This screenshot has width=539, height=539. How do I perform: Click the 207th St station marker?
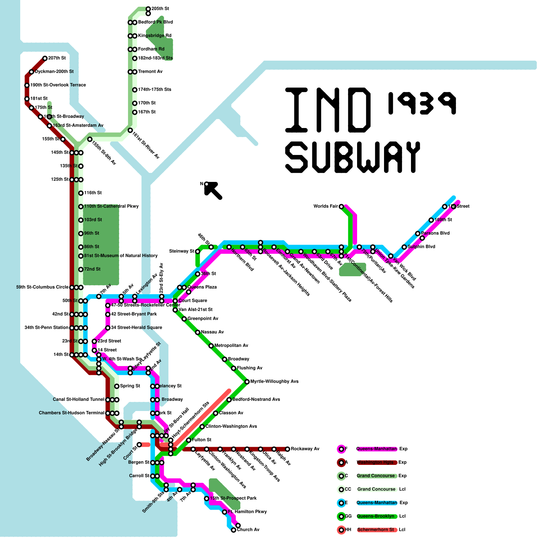[45, 58]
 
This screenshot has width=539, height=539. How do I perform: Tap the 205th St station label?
[160, 8]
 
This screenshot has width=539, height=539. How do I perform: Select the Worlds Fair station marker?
[341, 207]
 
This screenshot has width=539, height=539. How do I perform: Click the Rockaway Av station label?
[305, 449]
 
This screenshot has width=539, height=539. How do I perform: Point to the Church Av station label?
[248, 530]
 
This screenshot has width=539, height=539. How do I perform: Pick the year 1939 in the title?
[422, 103]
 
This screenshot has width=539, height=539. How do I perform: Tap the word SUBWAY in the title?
[353, 157]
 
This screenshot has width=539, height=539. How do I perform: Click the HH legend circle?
[341, 530]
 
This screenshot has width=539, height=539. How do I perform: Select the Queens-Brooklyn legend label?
[375, 516]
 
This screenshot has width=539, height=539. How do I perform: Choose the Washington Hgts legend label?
[375, 462]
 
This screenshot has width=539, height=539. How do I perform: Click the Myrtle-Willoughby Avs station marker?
[247, 382]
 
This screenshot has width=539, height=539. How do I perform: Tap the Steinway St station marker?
[197, 251]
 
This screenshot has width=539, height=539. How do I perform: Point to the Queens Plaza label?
[202, 287]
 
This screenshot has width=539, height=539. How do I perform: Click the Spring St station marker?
[117, 386]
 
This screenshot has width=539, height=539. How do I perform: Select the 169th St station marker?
[431, 220]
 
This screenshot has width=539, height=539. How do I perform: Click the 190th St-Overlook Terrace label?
[58, 85]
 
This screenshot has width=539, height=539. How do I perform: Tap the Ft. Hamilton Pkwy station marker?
[225, 512]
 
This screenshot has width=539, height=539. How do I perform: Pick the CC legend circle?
[341, 489]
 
